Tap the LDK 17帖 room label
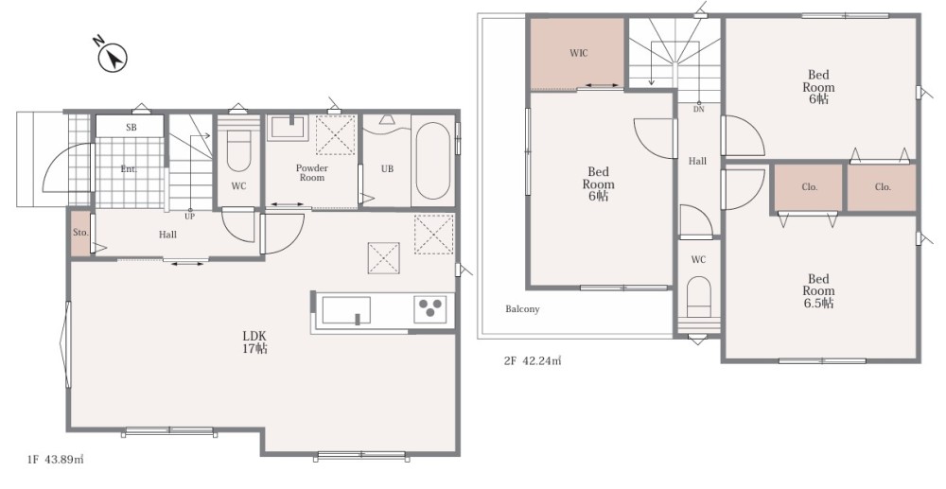tap(255, 341)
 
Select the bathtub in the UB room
tap(433, 161)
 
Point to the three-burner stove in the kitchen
tap(430, 309)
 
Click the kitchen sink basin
tap(346, 310)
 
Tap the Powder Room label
tap(312, 172)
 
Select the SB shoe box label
tap(131, 128)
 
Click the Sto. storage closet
tap(80, 233)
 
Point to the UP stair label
tap(189, 217)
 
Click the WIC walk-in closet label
tap(578, 53)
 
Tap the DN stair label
tap(699, 109)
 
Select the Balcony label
tap(522, 308)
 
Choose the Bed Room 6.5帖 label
tap(818, 290)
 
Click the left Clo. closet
tap(809, 187)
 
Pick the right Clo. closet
tap(882, 187)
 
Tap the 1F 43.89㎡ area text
tap(56, 460)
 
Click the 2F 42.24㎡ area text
tap(532, 361)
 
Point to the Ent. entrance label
tap(129, 169)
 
